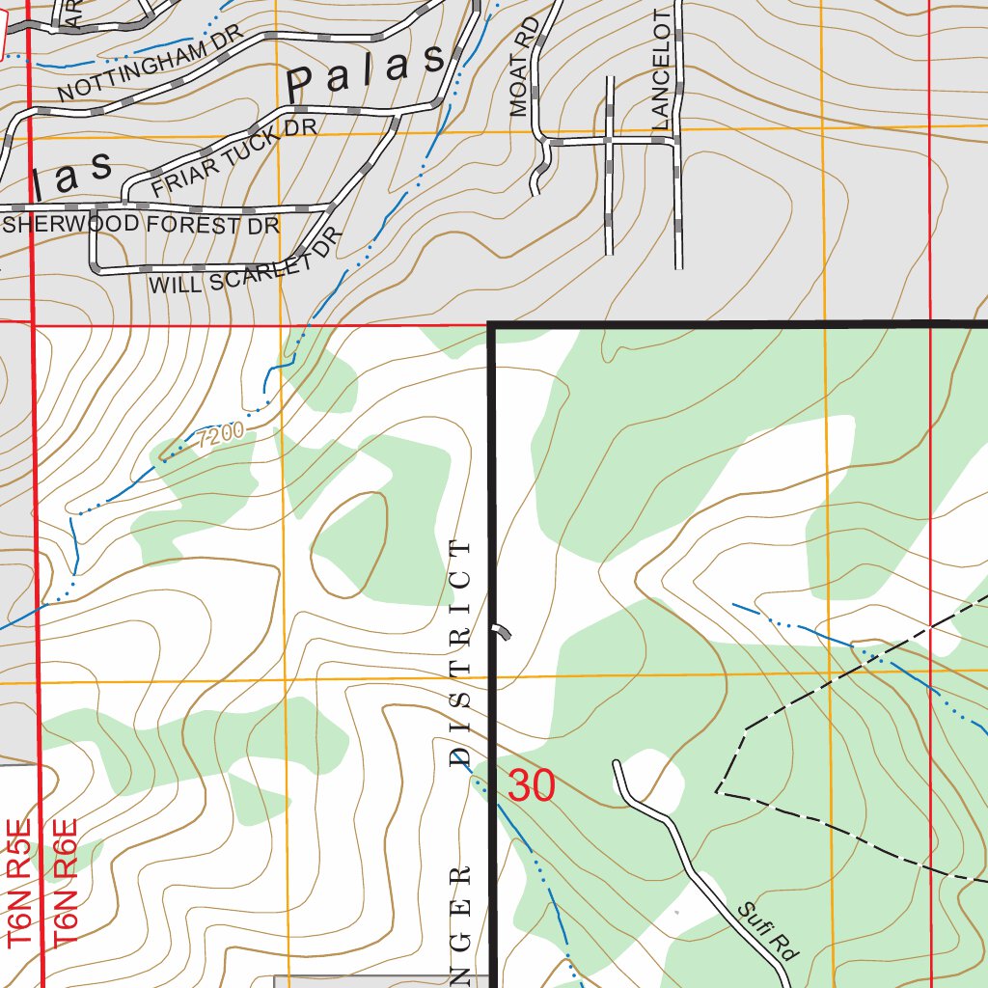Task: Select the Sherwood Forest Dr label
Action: (142, 226)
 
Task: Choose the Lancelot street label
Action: (661, 70)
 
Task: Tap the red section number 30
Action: (532, 785)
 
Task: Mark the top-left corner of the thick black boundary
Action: (493, 326)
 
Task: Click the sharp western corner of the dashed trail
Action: (718, 791)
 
